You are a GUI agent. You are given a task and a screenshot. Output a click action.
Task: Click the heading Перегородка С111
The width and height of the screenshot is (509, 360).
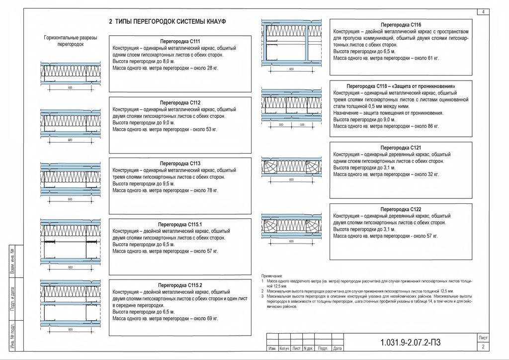pyautogui.click(x=180, y=41)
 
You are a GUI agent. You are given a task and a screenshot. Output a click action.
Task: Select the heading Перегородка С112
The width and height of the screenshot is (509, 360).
pyautogui.click(x=180, y=102)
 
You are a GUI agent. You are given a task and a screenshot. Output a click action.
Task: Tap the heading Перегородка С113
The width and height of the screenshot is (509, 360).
pyautogui.click(x=180, y=163)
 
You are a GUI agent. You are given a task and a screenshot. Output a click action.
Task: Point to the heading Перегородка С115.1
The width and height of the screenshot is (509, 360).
pyautogui.click(x=180, y=224)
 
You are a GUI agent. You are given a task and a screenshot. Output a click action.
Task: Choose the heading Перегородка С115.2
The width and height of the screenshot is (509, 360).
pyautogui.click(x=180, y=285)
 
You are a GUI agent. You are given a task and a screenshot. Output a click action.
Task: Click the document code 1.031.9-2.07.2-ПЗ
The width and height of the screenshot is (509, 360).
pyautogui.click(x=411, y=343)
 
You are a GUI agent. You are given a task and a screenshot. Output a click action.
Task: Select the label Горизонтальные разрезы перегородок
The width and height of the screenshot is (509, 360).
pyautogui.click(x=70, y=41)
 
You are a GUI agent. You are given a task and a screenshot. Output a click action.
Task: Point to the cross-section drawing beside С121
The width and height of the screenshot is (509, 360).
pyautogui.click(x=291, y=168)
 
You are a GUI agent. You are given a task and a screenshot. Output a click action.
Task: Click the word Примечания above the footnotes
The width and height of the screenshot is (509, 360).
pyautogui.click(x=272, y=275)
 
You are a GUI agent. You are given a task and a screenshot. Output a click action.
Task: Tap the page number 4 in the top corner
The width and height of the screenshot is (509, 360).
pyautogui.click(x=482, y=11)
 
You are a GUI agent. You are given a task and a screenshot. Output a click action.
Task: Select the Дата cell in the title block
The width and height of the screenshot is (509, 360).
pyautogui.click(x=338, y=349)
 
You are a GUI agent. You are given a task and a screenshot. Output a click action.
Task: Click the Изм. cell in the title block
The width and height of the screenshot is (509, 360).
pyautogui.click(x=272, y=349)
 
